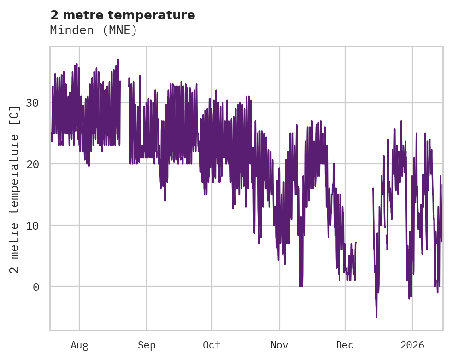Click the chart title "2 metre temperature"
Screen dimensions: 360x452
pos(123,15)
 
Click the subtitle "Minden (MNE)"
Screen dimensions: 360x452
pos(94,30)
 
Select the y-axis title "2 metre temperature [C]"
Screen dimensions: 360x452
pos(15,189)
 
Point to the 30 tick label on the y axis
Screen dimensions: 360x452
pos(32,103)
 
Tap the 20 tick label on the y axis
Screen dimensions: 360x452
pos(32,164)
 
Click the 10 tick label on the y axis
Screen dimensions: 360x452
pos(32,226)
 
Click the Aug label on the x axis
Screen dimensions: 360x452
pos(79,345)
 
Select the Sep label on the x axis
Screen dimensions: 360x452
pos(147,345)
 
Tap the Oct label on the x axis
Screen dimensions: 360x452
pos(211,345)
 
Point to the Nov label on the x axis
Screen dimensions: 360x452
pos(279,345)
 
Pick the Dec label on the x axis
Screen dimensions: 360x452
pos(345,345)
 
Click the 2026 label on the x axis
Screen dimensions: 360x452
pos(412,345)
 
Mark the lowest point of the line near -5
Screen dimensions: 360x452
pos(376,316)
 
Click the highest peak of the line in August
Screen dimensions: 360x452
pos(118,60)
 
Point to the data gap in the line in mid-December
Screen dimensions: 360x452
pos(364,230)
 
